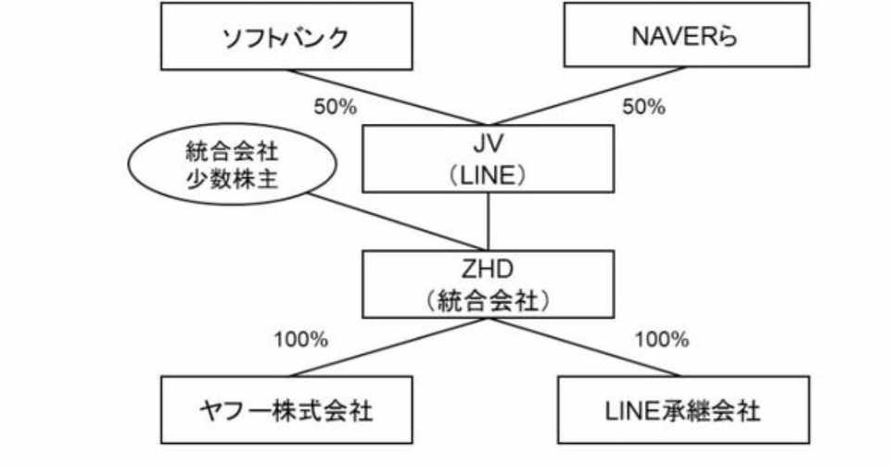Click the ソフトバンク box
coord(286,36)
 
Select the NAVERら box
coord(686,34)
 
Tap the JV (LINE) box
coord(489,158)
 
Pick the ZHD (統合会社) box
coord(489,284)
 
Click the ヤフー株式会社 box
coord(286,409)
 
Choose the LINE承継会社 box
coord(683,409)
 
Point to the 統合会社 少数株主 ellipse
coord(232,164)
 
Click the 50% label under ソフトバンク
coord(336,107)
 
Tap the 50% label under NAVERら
coord(644,107)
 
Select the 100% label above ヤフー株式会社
coord(301,340)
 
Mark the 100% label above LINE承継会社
coord(662,340)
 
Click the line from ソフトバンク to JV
coord(385,97)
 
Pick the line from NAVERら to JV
coord(590,95)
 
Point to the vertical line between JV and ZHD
coord(489,221)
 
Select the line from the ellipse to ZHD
coord(398,221)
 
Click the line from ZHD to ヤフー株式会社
coord(388,346)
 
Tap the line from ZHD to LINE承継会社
coord(585,346)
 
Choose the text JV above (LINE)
coord(489,144)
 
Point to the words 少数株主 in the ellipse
coord(232,179)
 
